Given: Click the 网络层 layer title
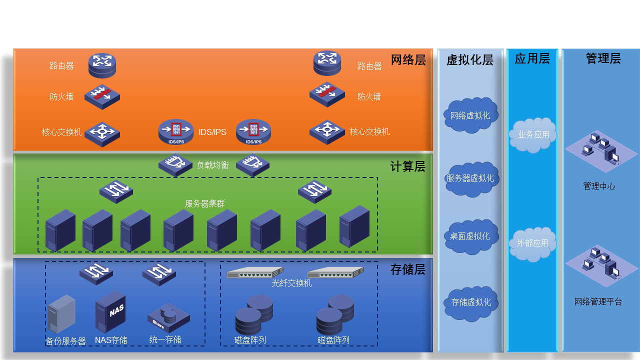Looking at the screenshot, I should pos(408,60).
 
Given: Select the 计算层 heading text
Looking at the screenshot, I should pos(408,166).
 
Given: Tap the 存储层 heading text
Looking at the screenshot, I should pos(408,270).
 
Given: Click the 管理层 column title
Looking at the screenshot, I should pos(603,58).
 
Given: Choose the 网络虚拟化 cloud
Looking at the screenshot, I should pos(470,115).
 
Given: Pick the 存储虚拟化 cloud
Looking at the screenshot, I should pos(471,302).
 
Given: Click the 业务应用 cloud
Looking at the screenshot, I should pos(533,134).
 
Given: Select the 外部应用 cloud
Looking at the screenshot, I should pos(532,243).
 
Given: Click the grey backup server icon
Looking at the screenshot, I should pos(61,314).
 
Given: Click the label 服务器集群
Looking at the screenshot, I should pos(205,203).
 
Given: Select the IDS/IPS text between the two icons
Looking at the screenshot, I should pos(212,132).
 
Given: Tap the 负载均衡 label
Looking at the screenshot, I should pos(213,165).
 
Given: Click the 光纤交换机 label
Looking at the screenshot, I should pos(291,283).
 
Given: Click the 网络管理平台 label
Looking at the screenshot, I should pos(598,302).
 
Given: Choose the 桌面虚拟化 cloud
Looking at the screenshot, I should pos(470,236).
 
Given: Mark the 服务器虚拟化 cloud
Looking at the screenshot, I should pos(470,178).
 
